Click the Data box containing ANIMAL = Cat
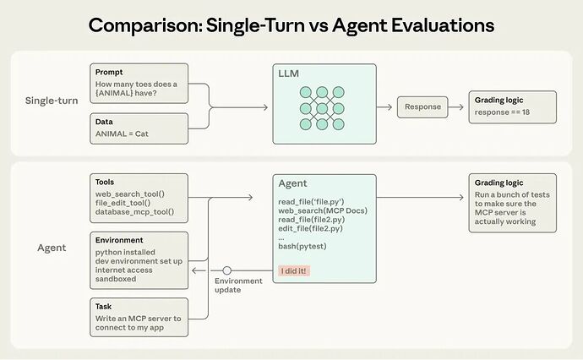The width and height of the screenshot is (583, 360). [138, 128]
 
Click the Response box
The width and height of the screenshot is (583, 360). [422, 107]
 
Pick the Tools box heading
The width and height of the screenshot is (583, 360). [106, 182]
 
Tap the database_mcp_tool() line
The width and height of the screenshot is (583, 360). [135, 211]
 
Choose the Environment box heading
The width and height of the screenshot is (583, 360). [119, 240]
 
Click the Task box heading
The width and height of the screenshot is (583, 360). [105, 306]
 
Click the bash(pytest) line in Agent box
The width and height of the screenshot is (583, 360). [303, 246]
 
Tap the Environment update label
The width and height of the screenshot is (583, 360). [238, 284]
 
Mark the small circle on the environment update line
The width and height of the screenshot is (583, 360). [227, 270]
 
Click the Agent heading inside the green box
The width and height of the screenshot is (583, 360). [293, 183]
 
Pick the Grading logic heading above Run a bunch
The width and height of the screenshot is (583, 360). [499, 183]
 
